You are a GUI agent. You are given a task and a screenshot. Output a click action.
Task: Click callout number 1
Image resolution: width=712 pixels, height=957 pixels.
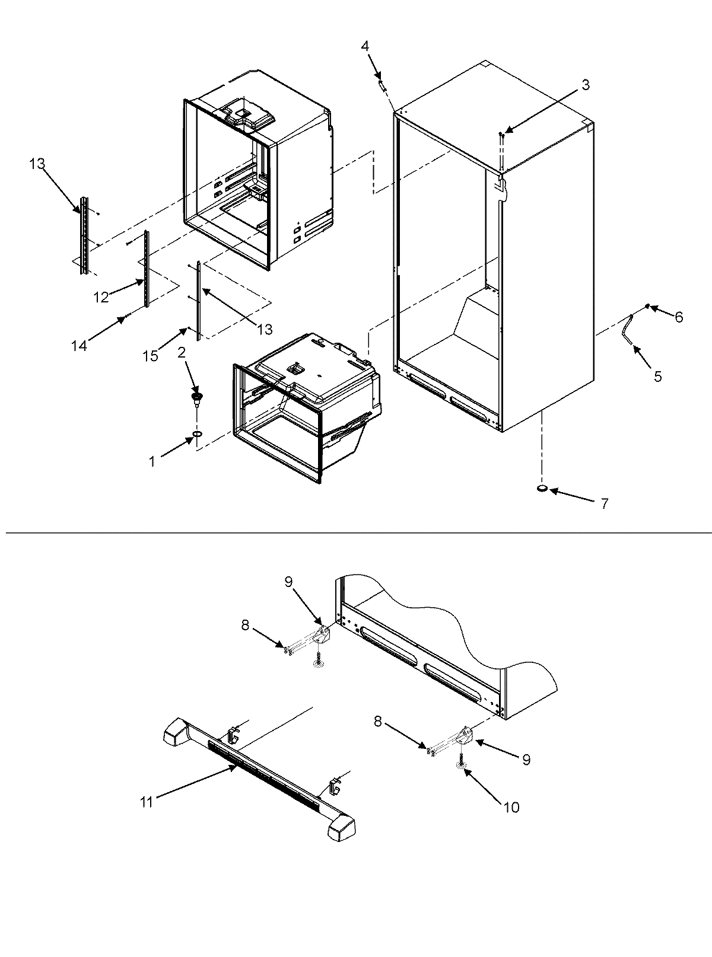(x=152, y=461)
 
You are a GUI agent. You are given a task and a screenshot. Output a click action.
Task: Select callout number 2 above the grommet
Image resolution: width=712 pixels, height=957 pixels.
(x=182, y=353)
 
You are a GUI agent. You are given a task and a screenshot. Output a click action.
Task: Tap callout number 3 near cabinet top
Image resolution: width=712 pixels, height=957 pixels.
(x=585, y=85)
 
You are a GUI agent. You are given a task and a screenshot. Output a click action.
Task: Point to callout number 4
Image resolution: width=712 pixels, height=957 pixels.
(x=365, y=46)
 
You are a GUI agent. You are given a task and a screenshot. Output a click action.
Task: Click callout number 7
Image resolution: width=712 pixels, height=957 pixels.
(x=604, y=505)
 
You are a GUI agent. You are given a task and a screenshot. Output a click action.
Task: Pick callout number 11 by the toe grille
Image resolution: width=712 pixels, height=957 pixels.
(x=147, y=802)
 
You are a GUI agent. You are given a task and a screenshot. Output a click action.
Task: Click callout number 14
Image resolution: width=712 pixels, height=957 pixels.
(x=79, y=344)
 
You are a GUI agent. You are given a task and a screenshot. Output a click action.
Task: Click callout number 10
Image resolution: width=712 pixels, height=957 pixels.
(x=511, y=807)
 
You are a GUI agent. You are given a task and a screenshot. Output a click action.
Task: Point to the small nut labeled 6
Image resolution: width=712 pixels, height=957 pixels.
(x=647, y=307)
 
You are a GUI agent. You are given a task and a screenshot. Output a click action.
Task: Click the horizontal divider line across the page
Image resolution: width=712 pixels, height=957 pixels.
(x=356, y=532)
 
